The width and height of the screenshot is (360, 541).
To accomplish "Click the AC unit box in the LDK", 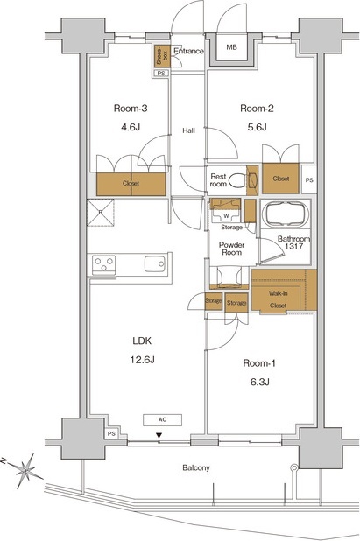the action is coord(162,419).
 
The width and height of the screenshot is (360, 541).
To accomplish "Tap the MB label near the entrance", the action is coord(231,47).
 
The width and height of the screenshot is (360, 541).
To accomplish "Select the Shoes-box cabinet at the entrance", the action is coord(163,57).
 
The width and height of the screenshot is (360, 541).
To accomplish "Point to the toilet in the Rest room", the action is coord(238,180).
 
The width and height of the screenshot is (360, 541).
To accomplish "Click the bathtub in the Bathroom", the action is coord(285,214).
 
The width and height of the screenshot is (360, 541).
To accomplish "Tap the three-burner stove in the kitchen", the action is coord(103,265).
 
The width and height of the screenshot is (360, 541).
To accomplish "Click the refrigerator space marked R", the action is coord(101,213).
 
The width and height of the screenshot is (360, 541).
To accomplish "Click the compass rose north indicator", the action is coord(25,470).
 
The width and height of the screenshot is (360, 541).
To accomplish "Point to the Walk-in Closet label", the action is coord(279,299).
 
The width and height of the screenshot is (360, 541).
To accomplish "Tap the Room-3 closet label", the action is coord(131,184).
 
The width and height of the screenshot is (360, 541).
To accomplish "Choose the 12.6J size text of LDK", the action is coord(142,360).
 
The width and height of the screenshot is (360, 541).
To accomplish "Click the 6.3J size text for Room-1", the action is coord(258,382).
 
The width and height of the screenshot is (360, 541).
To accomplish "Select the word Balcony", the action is coord(196,468).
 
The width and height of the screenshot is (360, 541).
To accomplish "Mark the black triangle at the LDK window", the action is coord(159,436).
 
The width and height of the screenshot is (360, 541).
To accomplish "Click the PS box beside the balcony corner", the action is coord(111,434).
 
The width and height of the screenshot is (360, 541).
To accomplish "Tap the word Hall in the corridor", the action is coord(188,130).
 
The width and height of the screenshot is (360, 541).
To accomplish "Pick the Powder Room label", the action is coord(231,249).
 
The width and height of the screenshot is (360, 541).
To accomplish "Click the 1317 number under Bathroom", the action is coord(294,246).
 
